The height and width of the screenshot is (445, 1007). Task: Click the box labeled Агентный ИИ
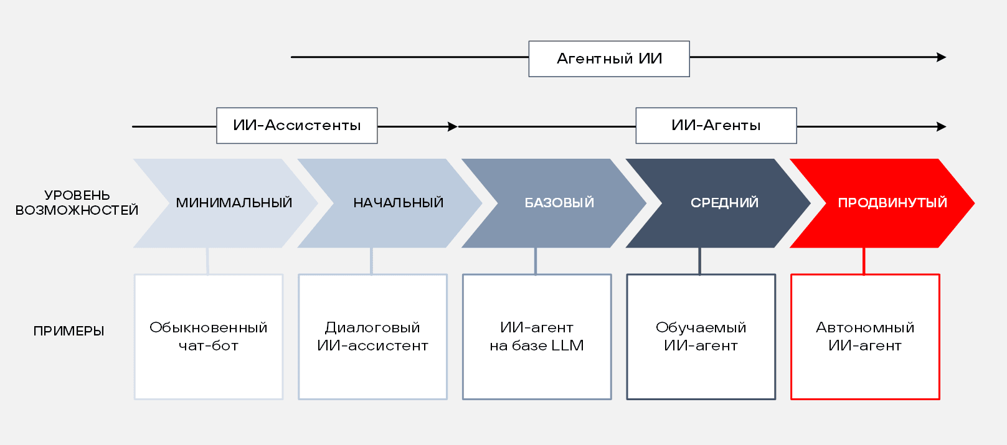click(x=608, y=59)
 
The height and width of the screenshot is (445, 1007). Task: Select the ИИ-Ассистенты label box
click(x=296, y=126)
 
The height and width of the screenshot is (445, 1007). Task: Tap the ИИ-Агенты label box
click(x=716, y=126)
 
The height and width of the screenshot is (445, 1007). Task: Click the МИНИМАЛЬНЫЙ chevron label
click(x=234, y=203)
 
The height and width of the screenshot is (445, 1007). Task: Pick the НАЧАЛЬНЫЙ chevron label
click(x=398, y=203)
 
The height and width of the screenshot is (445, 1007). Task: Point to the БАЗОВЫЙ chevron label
click(x=559, y=203)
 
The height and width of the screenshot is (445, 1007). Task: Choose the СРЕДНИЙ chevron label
click(x=724, y=203)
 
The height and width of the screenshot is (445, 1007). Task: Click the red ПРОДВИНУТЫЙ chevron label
click(x=892, y=203)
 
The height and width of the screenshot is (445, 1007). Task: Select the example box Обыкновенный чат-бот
click(x=209, y=336)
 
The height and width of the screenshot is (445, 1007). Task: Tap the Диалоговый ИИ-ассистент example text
click(x=372, y=336)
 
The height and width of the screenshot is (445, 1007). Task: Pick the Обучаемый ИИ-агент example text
click(x=701, y=336)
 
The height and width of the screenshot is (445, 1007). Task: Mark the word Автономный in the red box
click(x=864, y=327)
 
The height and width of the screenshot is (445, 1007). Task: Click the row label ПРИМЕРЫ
click(x=69, y=331)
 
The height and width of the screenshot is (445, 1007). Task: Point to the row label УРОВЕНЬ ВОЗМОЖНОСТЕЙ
click(x=77, y=203)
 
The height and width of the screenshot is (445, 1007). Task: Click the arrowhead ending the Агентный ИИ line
click(x=942, y=57)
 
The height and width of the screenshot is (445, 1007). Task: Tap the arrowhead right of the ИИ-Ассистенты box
click(x=453, y=126)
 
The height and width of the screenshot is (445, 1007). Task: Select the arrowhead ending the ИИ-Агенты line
click(x=942, y=126)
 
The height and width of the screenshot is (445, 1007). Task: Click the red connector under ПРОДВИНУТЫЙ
click(x=864, y=261)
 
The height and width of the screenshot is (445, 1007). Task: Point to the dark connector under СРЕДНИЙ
click(x=699, y=261)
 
